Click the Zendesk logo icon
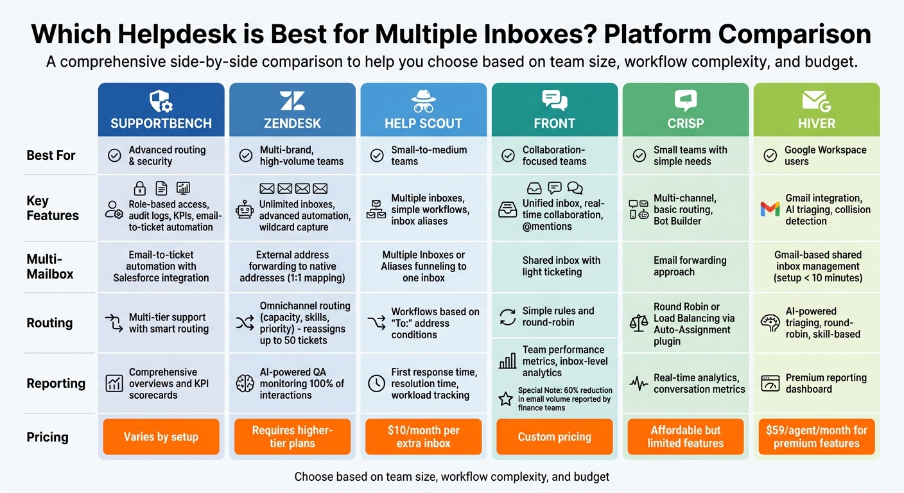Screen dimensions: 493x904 [x=292, y=101]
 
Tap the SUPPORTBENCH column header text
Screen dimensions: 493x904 [x=161, y=123]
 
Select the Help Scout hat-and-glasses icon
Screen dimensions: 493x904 [x=423, y=101]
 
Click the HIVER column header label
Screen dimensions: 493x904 [x=817, y=123]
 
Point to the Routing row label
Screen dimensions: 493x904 [x=49, y=323]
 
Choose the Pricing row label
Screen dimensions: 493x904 [x=48, y=437]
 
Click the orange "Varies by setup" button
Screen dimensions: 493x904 [x=161, y=437]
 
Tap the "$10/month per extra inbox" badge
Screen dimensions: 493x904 [x=423, y=437]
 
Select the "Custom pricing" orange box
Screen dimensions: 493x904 [x=555, y=437]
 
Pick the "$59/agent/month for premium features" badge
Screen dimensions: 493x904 [x=817, y=437]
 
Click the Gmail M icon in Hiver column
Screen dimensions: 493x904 [x=770, y=209]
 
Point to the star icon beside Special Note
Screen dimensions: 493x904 [x=506, y=399]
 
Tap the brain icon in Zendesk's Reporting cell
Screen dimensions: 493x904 [x=245, y=383]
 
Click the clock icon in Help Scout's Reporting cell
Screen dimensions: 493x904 [x=376, y=383]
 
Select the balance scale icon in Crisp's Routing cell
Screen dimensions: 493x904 [x=639, y=323]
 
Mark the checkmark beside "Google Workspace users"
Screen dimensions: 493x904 [x=770, y=155]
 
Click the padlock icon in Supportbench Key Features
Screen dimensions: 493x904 [x=139, y=188]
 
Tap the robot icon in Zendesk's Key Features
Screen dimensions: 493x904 [x=245, y=210]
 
